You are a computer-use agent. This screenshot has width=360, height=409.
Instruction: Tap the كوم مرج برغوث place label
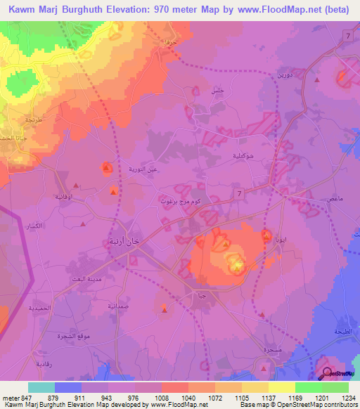click(184, 200)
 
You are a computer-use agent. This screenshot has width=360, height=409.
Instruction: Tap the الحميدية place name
click(34, 309)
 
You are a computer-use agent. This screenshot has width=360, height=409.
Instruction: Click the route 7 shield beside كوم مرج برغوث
click(240, 193)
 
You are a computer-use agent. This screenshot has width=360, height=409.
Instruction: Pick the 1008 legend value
click(162, 398)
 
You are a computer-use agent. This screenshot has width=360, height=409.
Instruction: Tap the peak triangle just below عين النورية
click(113, 190)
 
